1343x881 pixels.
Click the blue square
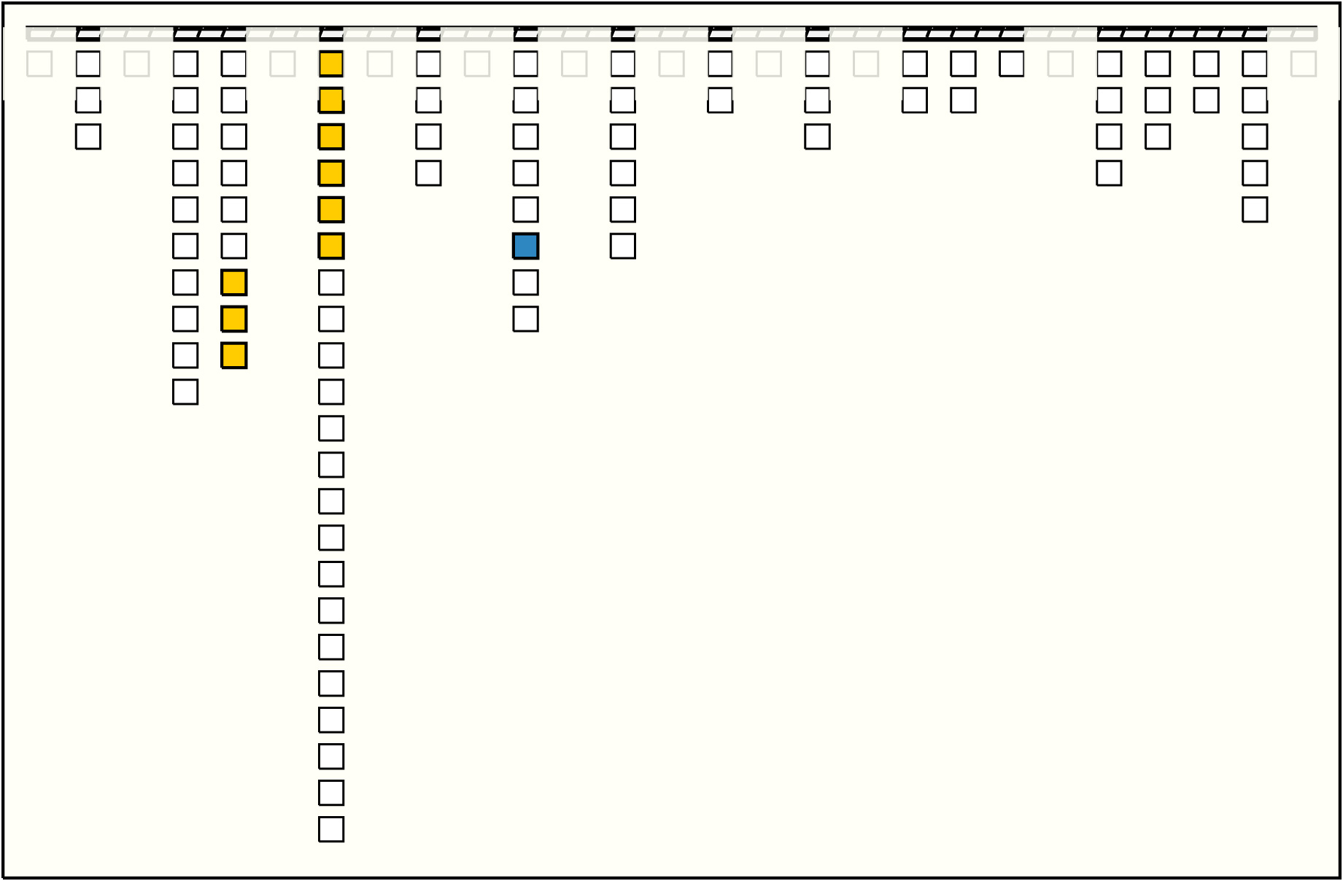[x=525, y=246]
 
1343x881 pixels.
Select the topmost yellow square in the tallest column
[x=331, y=63]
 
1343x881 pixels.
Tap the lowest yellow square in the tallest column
[x=331, y=246]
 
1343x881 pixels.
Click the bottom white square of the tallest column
[x=331, y=829]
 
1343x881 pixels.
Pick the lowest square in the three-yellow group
[x=233, y=355]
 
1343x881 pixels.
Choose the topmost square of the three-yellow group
[x=233, y=282]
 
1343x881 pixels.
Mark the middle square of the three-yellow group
[x=233, y=319]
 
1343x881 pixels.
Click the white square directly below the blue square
[x=525, y=282]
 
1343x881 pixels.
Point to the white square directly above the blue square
[x=525, y=209]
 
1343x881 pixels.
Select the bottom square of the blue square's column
[x=525, y=319]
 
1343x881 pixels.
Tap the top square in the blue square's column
[x=525, y=63]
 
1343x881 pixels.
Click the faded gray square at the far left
[x=39, y=63]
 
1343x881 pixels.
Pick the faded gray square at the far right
[x=1303, y=63]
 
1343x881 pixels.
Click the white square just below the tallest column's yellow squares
[x=331, y=282]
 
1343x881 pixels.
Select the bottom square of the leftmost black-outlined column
[x=88, y=136]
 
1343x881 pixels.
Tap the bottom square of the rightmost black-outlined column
[x=1255, y=209]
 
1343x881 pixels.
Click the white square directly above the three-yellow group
[x=233, y=246]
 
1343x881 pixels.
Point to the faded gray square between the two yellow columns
[x=282, y=63]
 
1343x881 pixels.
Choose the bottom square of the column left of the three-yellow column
[x=185, y=392]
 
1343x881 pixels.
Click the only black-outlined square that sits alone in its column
[x=1011, y=63]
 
